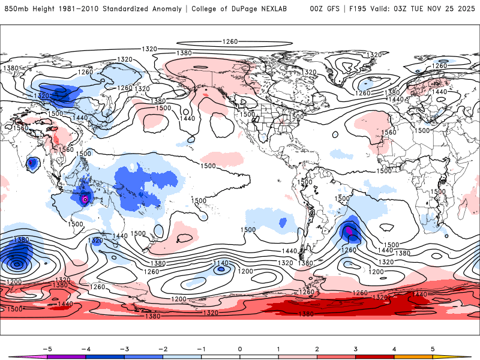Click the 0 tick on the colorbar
tap(240, 348)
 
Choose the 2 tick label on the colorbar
tap(317, 348)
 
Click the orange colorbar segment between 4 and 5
tap(414, 356)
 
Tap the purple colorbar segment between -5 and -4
tap(66, 356)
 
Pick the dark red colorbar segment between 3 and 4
tap(375, 356)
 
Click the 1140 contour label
tap(221, 263)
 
